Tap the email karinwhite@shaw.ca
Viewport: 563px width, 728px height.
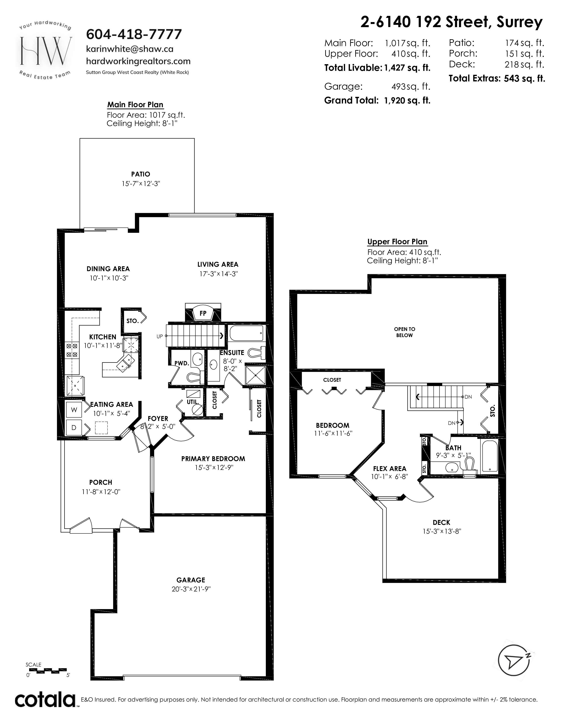click(130, 49)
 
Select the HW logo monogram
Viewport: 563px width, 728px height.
click(46, 51)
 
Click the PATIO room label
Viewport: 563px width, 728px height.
click(140, 174)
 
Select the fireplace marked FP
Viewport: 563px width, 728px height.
click(203, 313)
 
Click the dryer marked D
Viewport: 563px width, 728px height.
click(74, 427)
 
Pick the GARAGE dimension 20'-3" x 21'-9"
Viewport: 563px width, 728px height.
click(191, 589)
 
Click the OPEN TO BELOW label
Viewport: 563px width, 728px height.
click(404, 332)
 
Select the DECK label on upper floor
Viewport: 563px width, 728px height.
click(442, 522)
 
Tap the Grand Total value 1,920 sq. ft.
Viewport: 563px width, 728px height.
click(407, 100)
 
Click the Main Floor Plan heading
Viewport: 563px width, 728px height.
click(135, 105)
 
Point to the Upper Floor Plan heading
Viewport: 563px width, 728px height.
click(397, 242)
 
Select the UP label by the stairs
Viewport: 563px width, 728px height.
click(160, 336)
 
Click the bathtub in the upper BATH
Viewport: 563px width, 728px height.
click(489, 456)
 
